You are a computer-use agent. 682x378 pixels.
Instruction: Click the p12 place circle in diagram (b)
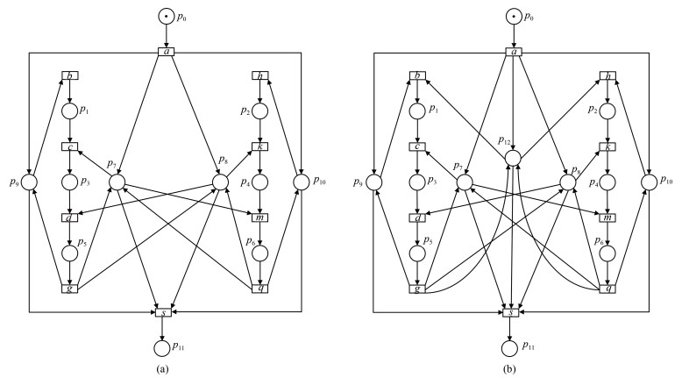pyautogui.click(x=512, y=157)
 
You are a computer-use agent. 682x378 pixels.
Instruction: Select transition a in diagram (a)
pyautogui.click(x=165, y=51)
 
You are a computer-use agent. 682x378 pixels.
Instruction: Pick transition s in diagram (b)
pyautogui.click(x=512, y=311)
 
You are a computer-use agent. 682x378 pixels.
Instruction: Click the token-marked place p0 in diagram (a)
pyautogui.click(x=165, y=16)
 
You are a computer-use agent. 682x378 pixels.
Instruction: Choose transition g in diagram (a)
pyautogui.click(x=69, y=288)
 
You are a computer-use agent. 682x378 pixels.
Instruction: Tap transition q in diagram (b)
pyautogui.click(x=605, y=288)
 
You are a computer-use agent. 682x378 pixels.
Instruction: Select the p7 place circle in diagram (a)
pyautogui.click(x=117, y=182)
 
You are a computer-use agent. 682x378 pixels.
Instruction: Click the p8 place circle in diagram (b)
pyautogui.click(x=565, y=182)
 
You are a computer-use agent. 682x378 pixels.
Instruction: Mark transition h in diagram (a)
pyautogui.click(x=259, y=75)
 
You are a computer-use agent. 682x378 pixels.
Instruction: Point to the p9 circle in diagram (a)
pyautogui.click(x=29, y=182)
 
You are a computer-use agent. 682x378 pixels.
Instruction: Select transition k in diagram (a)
pyautogui.click(x=259, y=146)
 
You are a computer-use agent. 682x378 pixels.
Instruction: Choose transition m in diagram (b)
pyautogui.click(x=605, y=217)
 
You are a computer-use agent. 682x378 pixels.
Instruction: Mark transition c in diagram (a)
pyautogui.click(x=69, y=146)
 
